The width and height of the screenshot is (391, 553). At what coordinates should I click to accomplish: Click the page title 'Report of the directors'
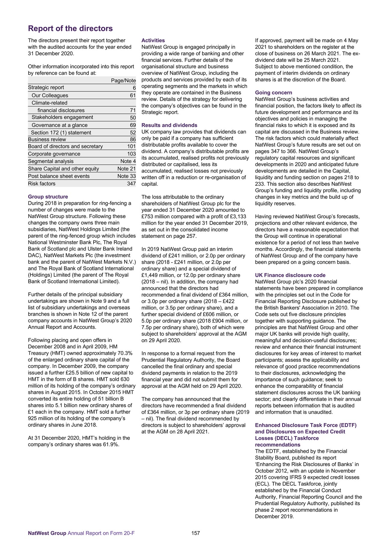[x=70, y=29]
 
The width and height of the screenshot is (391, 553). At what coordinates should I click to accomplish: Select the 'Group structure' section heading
[x=48, y=197]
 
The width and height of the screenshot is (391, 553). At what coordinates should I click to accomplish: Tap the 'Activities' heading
[x=153, y=40]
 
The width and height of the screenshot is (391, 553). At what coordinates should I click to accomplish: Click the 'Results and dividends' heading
[x=169, y=125]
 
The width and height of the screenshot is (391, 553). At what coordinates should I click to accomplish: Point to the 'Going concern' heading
[x=273, y=93]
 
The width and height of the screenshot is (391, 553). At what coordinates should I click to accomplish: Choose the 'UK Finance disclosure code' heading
[x=290, y=275]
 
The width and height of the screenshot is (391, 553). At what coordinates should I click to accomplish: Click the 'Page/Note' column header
[x=123, y=81]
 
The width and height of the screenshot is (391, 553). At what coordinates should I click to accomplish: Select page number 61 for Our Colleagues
[x=133, y=96]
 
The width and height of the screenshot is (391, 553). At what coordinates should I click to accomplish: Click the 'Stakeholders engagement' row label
[x=62, y=117]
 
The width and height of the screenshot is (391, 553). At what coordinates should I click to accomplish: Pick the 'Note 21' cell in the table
[x=126, y=169]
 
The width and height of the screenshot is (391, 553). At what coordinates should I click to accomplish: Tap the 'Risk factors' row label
[x=42, y=183]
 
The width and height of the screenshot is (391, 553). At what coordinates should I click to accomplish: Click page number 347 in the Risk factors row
[x=131, y=183]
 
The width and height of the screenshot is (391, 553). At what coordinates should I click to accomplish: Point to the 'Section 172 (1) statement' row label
[x=61, y=133]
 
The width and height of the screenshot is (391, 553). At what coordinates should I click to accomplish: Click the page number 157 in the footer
[x=195, y=533]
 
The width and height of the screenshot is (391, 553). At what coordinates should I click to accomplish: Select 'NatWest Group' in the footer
[x=47, y=533]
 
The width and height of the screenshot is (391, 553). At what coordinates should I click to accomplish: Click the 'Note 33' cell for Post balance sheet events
[x=126, y=176]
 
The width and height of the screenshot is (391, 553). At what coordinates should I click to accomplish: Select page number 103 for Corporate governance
[x=131, y=154]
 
